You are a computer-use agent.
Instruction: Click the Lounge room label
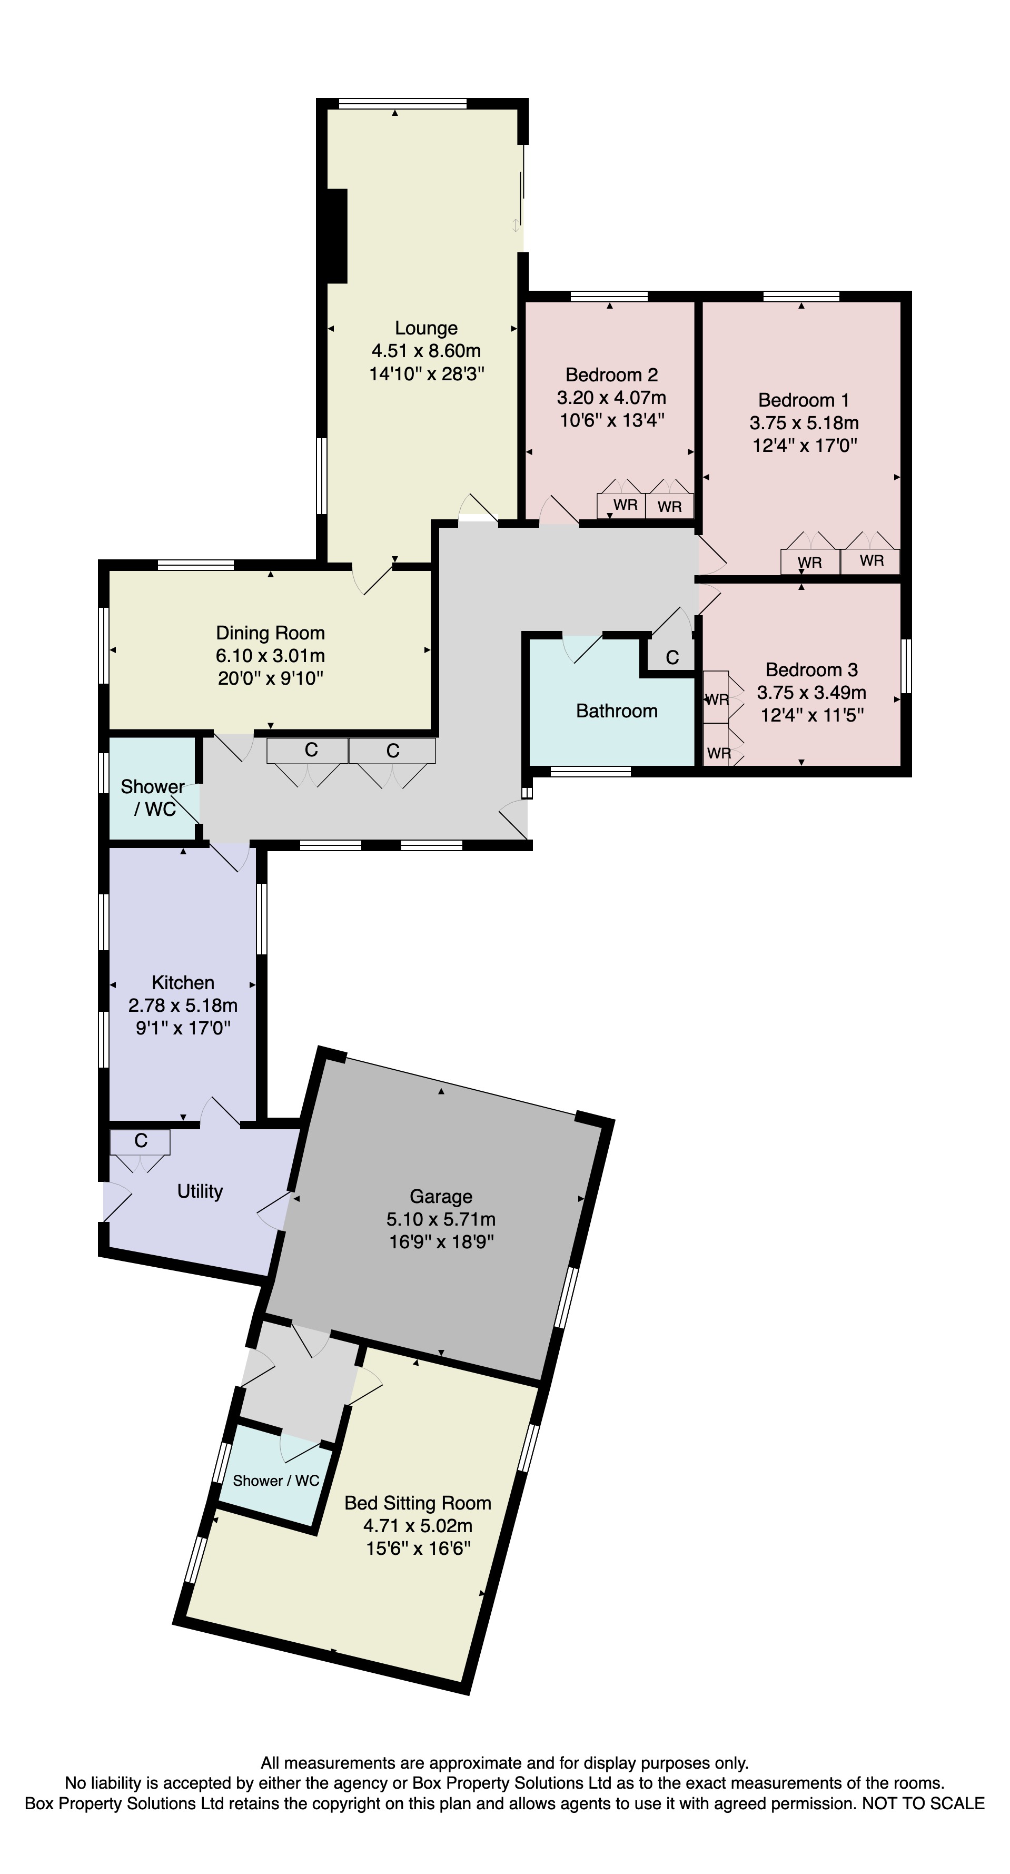pyautogui.click(x=426, y=328)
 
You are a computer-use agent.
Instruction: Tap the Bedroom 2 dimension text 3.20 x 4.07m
pyautogui.click(x=611, y=398)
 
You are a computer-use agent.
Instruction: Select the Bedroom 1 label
pyautogui.click(x=804, y=400)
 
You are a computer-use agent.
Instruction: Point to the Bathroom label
pyautogui.click(x=617, y=711)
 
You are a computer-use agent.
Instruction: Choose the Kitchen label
pyautogui.click(x=183, y=983)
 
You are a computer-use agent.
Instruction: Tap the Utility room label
pyautogui.click(x=200, y=1191)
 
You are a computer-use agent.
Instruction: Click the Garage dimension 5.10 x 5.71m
pyautogui.click(x=441, y=1219)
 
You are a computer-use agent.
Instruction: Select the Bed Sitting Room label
pyautogui.click(x=418, y=1503)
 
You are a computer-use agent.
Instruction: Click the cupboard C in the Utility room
pyautogui.click(x=141, y=1141)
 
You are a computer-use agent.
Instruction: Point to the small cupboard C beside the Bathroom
pyautogui.click(x=672, y=658)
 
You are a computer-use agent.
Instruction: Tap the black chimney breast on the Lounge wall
pyautogui.click(x=336, y=236)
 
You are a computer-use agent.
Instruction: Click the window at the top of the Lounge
pyautogui.click(x=403, y=103)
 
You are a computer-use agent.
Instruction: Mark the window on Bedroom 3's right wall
pyautogui.click(x=906, y=666)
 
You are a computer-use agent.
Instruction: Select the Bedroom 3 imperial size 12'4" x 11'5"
pyautogui.click(x=812, y=715)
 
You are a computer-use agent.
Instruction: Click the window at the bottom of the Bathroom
pyautogui.click(x=590, y=771)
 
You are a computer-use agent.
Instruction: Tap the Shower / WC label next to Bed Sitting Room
pyautogui.click(x=276, y=1481)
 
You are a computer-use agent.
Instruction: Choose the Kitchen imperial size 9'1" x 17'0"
pyautogui.click(x=183, y=1028)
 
